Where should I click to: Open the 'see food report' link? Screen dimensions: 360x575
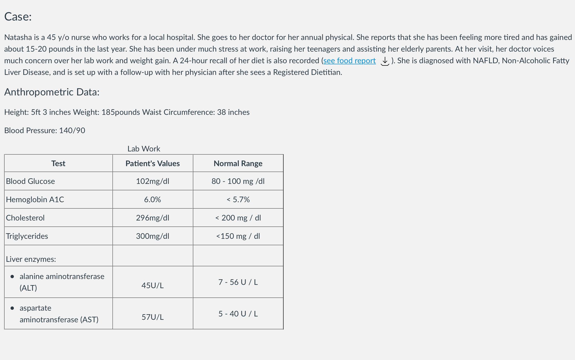[x=349, y=61]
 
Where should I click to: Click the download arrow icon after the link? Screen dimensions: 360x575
[x=385, y=61]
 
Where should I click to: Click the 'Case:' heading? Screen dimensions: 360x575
[x=18, y=17]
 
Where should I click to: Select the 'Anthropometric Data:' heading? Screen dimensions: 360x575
[x=52, y=92]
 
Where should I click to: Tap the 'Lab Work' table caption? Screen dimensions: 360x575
[x=144, y=149]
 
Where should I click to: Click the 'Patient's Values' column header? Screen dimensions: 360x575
[x=152, y=164]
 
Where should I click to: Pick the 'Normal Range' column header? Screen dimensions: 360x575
[x=238, y=164]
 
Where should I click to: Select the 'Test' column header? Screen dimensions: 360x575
[x=58, y=164]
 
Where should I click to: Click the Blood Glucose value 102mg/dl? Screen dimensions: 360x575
[x=152, y=181]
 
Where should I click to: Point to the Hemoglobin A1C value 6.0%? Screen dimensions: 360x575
[x=152, y=200]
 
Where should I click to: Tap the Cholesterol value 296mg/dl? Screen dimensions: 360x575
[x=152, y=218]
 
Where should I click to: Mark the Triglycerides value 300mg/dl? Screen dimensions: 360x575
[x=152, y=236]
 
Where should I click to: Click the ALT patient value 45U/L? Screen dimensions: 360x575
[x=152, y=286]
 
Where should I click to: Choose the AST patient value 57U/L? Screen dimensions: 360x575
[x=152, y=317]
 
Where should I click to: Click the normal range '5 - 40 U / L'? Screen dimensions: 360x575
[x=238, y=314]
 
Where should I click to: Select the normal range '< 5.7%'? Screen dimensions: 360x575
[x=238, y=200]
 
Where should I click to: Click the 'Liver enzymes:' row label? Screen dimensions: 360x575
[x=31, y=259]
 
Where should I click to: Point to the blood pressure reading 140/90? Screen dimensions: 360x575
[x=72, y=131]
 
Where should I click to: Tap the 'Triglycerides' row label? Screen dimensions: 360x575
[x=27, y=236]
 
